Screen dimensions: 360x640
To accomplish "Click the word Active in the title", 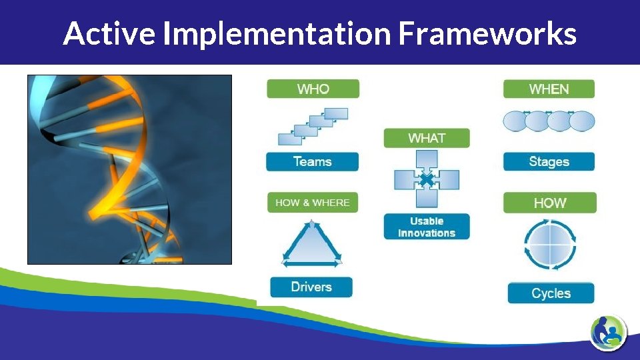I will pyautogui.click(x=109, y=33).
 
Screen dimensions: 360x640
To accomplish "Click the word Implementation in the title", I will pyautogui.click(x=276, y=33).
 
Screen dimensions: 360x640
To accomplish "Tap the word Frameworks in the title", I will pyautogui.click(x=487, y=33).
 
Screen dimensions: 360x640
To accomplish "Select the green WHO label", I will pyautogui.click(x=313, y=89).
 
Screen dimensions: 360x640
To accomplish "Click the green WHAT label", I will pyautogui.click(x=427, y=138).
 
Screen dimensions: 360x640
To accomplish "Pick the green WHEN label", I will pyautogui.click(x=549, y=89).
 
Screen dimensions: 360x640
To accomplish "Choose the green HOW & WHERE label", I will pyautogui.click(x=313, y=203).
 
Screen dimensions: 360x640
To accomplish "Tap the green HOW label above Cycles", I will pyautogui.click(x=549, y=203).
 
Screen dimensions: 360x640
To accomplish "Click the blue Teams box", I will pyautogui.click(x=312, y=161).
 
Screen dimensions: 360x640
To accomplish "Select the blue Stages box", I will pyautogui.click(x=549, y=161).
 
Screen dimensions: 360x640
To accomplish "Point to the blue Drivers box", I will pyautogui.click(x=311, y=287).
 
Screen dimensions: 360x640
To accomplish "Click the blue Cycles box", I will pyautogui.click(x=551, y=293).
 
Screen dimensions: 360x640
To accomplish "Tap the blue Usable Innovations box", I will pyautogui.click(x=427, y=227).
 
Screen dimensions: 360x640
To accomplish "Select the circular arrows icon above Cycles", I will pyautogui.click(x=550, y=245).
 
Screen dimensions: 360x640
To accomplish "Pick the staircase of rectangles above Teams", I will pyautogui.click(x=313, y=125).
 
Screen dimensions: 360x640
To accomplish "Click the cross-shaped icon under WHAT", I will pyautogui.click(x=427, y=179).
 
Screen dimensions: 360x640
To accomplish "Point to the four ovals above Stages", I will pyautogui.click(x=548, y=121).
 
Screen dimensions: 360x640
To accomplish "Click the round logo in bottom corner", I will pyautogui.click(x=608, y=331).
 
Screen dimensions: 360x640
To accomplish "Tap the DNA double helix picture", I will pyautogui.click(x=129, y=169).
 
